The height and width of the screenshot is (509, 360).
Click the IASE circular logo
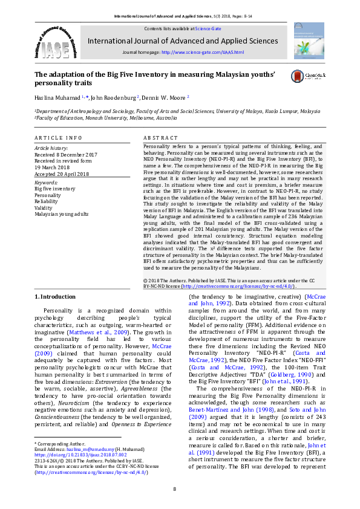[55, 42]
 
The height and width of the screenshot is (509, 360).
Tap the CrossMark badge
[307, 76]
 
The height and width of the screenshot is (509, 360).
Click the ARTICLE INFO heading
[57, 138]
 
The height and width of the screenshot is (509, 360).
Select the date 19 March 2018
[53, 167]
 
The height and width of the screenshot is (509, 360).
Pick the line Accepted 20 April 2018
[61, 174]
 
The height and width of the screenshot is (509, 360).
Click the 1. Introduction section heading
[55, 296]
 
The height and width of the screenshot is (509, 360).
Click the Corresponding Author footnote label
[59, 444]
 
